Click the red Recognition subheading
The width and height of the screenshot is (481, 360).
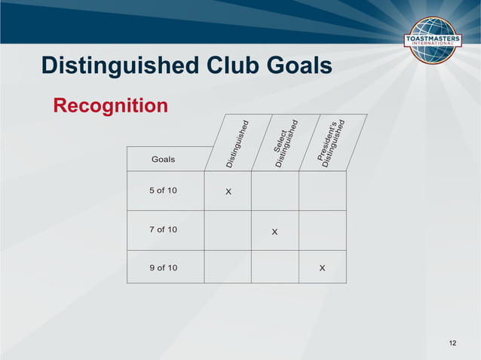pyautogui.click(x=111, y=105)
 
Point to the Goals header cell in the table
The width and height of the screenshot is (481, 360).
pyautogui.click(x=164, y=159)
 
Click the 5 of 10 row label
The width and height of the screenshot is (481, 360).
pyautogui.click(x=163, y=191)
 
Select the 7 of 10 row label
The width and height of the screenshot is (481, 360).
pyautogui.click(x=163, y=229)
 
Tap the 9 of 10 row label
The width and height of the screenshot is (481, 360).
pyautogui.click(x=163, y=267)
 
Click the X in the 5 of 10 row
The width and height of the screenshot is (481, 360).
pyautogui.click(x=228, y=192)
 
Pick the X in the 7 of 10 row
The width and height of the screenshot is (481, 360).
pyautogui.click(x=274, y=231)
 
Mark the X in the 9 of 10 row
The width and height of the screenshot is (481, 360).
pyautogui.click(x=322, y=268)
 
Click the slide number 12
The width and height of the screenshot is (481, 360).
pyautogui.click(x=452, y=344)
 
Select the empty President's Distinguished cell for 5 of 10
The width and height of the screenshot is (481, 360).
pyautogui.click(x=323, y=191)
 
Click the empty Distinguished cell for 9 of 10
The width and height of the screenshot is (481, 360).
pyautogui.click(x=228, y=267)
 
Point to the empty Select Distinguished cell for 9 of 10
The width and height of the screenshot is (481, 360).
pyautogui.click(x=274, y=267)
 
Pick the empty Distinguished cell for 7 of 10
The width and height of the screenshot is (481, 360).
pyautogui.click(x=228, y=230)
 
